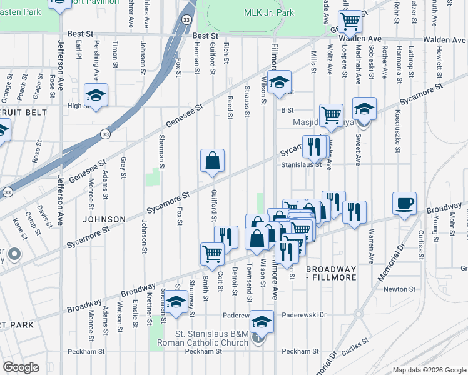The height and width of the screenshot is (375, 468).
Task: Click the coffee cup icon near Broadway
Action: [x=404, y=203]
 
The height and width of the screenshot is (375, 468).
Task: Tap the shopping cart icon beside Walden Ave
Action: [x=351, y=21]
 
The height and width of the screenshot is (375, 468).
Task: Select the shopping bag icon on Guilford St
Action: [x=213, y=160]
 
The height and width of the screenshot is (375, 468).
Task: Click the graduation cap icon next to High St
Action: [x=96, y=95]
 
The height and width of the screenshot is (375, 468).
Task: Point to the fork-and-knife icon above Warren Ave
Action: [x=354, y=212]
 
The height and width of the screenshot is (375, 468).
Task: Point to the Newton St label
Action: [x=400, y=289]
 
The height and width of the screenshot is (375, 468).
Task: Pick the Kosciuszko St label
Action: [x=398, y=135]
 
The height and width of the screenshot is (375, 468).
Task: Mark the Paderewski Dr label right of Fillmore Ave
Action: [x=305, y=316]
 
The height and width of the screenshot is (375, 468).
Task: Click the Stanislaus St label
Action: [x=301, y=165]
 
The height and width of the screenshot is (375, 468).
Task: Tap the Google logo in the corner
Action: [x=21, y=367]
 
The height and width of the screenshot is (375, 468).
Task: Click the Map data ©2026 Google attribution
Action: [x=429, y=370]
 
